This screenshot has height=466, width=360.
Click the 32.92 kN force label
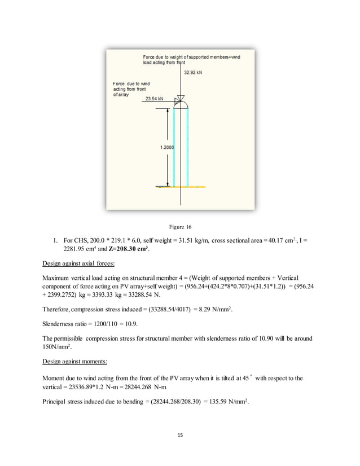(194, 73)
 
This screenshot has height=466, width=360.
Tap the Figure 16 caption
(180, 227)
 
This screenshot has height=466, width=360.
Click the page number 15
(180, 435)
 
